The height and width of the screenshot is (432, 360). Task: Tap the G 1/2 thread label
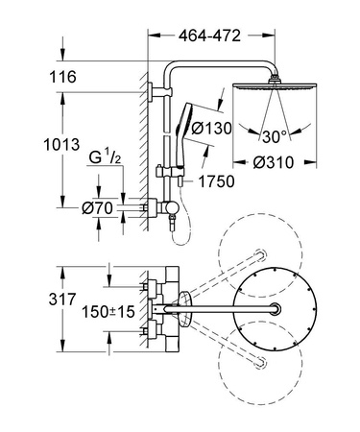click(x=103, y=156)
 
